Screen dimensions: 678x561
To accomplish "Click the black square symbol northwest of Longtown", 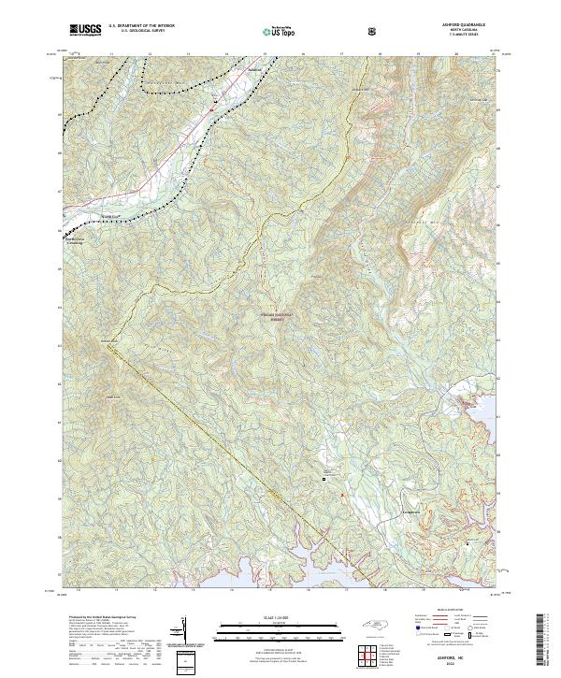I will pyautogui.click(x=324, y=479).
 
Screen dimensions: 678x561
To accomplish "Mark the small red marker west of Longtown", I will pyautogui.click(x=342, y=495).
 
